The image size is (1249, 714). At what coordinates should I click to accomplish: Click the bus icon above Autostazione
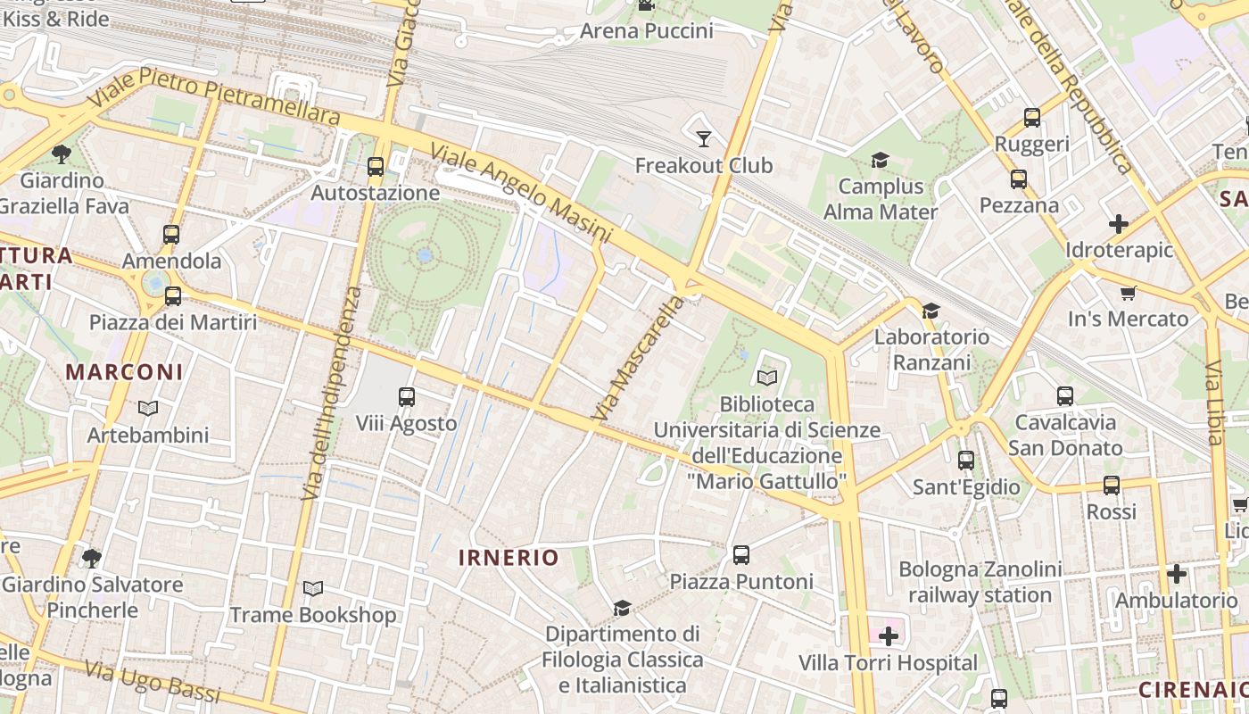coord(376,166)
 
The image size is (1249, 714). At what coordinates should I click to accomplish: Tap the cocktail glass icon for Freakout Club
coord(704,138)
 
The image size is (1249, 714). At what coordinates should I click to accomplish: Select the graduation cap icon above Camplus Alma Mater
coord(881,160)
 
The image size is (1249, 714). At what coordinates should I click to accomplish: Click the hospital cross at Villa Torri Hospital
coord(889,636)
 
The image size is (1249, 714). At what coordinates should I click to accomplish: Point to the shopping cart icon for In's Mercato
coord(1129,293)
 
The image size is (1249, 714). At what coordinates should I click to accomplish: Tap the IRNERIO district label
coord(509,558)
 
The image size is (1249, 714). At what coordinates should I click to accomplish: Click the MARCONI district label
coord(124,372)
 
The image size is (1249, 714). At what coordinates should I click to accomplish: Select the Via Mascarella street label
coord(637,359)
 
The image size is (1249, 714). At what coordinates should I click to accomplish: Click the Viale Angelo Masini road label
coord(522,193)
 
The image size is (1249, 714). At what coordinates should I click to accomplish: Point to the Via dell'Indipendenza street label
coord(332,393)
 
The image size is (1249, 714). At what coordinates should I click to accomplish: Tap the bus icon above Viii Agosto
coord(407,396)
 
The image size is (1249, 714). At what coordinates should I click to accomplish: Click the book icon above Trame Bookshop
coord(312,589)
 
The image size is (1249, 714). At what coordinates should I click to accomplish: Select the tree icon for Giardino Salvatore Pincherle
coord(91,559)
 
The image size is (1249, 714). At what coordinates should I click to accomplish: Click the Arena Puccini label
coord(647,31)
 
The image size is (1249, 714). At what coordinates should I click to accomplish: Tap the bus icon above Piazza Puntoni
coord(741,555)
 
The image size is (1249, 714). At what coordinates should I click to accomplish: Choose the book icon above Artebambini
coord(148,409)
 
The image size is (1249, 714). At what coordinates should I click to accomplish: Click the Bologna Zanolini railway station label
coord(980,582)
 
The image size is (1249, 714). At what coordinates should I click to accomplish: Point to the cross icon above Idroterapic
coord(1119,224)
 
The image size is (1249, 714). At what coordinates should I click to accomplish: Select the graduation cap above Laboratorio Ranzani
coord(931,311)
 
